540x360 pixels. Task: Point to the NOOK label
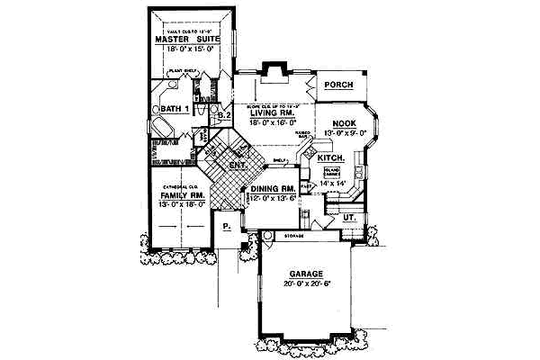point(345,123)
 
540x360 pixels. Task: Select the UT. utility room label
point(346,217)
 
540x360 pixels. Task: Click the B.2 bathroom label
point(225,115)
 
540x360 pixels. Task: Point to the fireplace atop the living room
point(273,72)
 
